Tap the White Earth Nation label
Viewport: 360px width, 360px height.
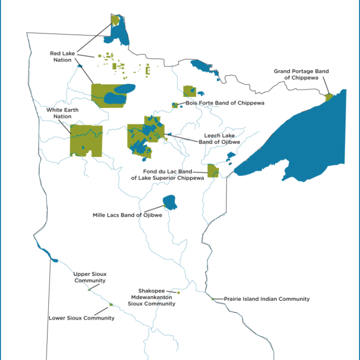[x=59, y=113]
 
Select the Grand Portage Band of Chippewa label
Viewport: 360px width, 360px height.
[x=301, y=74]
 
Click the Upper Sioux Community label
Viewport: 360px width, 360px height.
[x=89, y=277]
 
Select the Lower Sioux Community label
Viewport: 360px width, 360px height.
[x=81, y=318]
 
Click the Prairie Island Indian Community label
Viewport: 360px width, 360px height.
[x=266, y=299]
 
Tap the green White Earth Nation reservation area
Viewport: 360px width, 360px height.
[x=86, y=140]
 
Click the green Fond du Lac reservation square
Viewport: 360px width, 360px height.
[x=212, y=170]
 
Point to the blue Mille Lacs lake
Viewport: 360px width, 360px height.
[x=170, y=202]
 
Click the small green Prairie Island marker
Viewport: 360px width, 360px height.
[x=212, y=299]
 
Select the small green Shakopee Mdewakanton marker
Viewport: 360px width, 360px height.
[x=178, y=292]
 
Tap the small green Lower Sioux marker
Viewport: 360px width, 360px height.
[x=111, y=304]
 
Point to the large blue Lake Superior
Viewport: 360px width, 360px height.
[x=300, y=140]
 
